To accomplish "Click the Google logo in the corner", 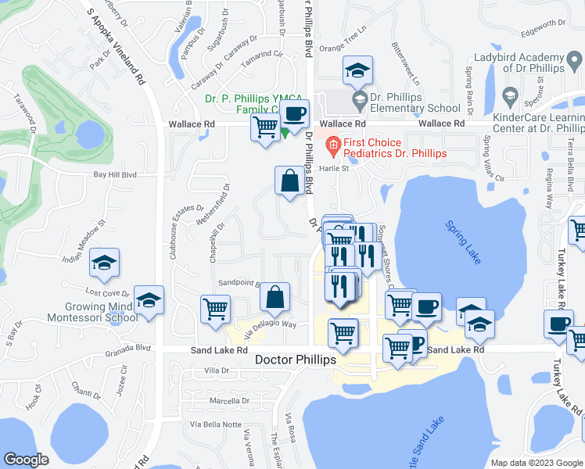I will pos(27,460).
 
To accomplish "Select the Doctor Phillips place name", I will pos(296,360).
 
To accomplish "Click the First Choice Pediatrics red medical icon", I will pos(333,143).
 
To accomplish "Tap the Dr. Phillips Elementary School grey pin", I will pos(360,98).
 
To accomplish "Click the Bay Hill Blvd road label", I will pos(115,175).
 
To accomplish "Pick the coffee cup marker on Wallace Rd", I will pos(295,115).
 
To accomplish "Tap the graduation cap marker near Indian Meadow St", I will pos(103,263).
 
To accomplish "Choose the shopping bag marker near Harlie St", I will pos(289,181).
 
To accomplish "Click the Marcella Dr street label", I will pos(230,401).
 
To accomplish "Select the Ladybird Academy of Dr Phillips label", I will pos(519,63).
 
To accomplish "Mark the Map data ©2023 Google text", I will pos(530,463).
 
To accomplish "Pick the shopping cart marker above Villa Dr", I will pos(216,308).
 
